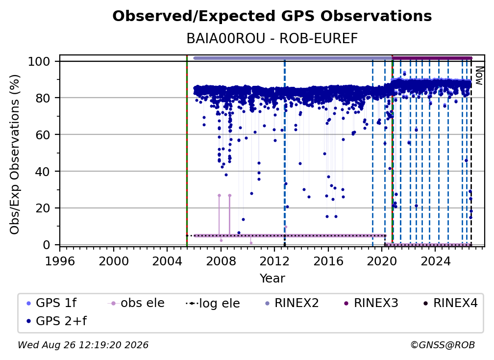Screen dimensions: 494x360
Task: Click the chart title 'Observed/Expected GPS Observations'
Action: pyautogui.click(x=272, y=16)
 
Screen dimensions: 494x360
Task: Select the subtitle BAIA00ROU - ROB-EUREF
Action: pyautogui.click(x=272, y=38)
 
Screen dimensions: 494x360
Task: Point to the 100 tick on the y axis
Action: pyautogui.click(x=39, y=61)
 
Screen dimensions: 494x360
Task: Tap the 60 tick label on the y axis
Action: pyautogui.click(x=43, y=134)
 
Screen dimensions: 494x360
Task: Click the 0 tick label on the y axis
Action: pyautogui.click(x=47, y=245)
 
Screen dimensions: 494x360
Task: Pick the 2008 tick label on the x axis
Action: pyautogui.click(x=221, y=261)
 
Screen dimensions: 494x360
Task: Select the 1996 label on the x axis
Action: pyautogui.click(x=60, y=261)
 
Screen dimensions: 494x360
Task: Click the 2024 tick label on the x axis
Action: pyautogui.click(x=435, y=261)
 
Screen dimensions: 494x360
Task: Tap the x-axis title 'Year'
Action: pyautogui.click(x=272, y=279)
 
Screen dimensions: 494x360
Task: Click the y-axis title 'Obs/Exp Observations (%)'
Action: pyautogui.click(x=15, y=154)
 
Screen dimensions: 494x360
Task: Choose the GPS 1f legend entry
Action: pyautogui.click(x=51, y=303)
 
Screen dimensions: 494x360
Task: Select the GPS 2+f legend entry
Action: pyautogui.click(x=56, y=321)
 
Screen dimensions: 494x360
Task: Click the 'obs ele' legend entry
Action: pyautogui.click(x=136, y=303)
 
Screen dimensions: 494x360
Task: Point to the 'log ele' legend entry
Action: pyautogui.click(x=213, y=304)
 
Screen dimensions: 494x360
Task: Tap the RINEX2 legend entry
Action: pyautogui.click(x=292, y=303)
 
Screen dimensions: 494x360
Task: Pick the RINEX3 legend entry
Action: pyautogui.click(x=371, y=303)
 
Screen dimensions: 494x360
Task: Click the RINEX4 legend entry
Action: pyautogui.click(x=450, y=303)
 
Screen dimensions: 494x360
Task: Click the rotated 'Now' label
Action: pyautogui.click(x=478, y=76)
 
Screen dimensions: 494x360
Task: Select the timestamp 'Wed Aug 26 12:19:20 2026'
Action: pyautogui.click(x=83, y=345)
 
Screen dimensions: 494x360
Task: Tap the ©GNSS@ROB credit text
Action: pyautogui.click(x=443, y=345)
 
